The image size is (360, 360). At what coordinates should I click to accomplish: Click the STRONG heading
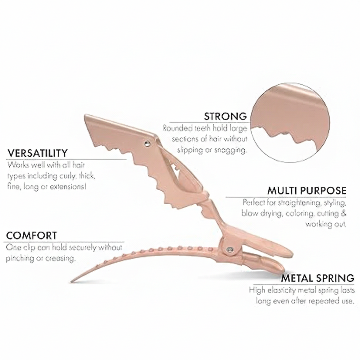click(225, 116)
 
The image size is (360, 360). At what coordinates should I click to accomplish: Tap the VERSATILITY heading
click(38, 153)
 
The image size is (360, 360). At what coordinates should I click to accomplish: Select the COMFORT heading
click(31, 235)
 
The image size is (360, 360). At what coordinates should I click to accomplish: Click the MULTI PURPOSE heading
click(307, 191)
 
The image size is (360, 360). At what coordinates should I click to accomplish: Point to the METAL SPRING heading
click(317, 278)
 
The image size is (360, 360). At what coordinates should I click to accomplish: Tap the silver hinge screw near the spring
click(230, 250)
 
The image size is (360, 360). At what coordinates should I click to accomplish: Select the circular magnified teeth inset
click(292, 125)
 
